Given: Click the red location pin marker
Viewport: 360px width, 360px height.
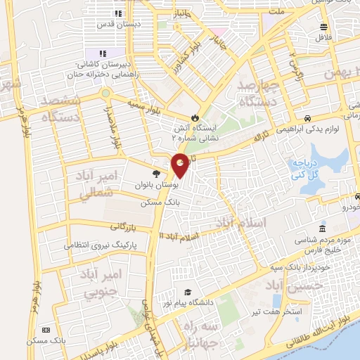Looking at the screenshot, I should (x=180, y=165).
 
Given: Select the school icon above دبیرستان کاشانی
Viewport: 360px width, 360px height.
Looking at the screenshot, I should (x=103, y=53).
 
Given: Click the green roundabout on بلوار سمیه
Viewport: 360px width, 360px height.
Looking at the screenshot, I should (x=105, y=92).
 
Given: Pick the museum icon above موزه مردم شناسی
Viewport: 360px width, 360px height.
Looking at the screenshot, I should (x=322, y=229).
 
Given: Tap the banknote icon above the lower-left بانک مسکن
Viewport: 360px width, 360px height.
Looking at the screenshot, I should (x=46, y=330).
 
